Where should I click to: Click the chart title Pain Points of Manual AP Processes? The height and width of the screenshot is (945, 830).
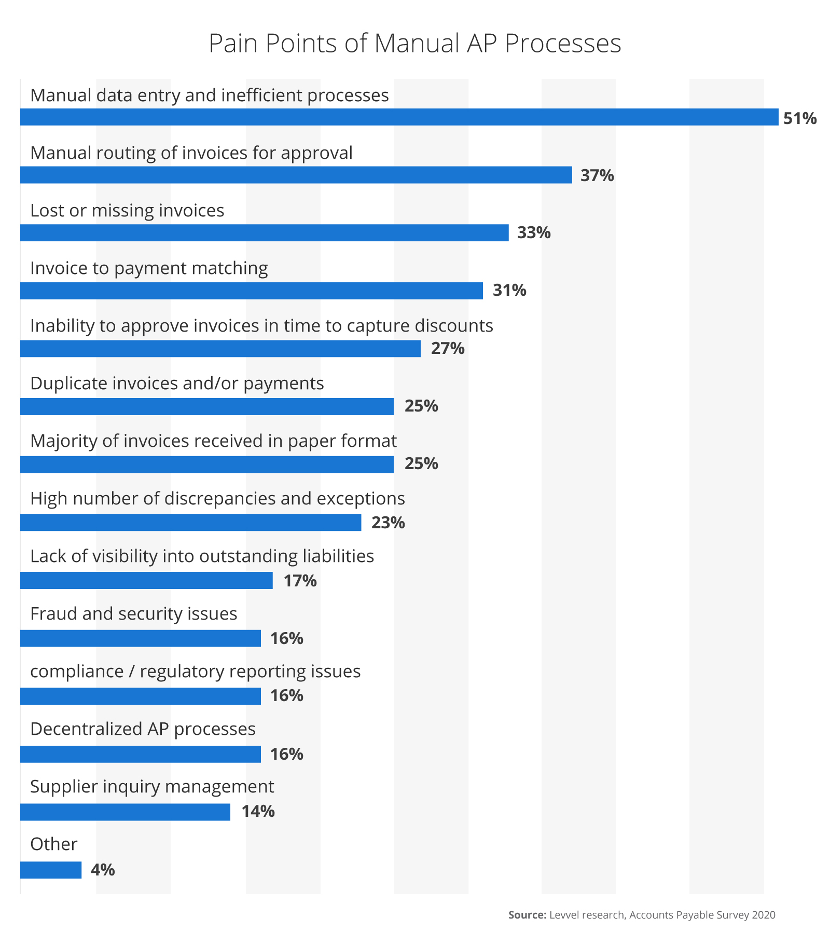click(x=414, y=43)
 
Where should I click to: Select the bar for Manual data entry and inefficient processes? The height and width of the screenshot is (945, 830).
click(x=399, y=117)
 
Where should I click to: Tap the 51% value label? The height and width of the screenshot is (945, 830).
click(x=799, y=119)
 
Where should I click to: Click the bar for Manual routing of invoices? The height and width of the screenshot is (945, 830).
click(x=296, y=175)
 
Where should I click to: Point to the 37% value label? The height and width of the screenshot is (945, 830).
click(x=597, y=176)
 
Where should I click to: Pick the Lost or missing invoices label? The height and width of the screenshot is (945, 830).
click(x=127, y=211)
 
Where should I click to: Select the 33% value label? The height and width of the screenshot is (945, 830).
click(x=533, y=233)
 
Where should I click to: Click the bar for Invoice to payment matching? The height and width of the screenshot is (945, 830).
click(x=251, y=291)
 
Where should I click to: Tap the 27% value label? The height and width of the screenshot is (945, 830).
click(x=447, y=348)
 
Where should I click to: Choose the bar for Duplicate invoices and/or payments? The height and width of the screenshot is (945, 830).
click(x=206, y=406)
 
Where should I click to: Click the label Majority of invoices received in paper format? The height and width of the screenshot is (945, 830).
click(x=213, y=441)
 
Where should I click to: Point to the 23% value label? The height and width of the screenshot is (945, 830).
click(x=388, y=523)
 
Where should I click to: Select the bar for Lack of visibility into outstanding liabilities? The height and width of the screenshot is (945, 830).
click(x=146, y=580)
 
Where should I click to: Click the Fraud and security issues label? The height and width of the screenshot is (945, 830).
click(x=133, y=614)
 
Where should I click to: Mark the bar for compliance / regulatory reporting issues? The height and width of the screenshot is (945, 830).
click(x=140, y=696)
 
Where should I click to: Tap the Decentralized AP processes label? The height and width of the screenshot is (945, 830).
click(x=143, y=729)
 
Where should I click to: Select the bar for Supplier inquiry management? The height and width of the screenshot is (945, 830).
click(x=125, y=812)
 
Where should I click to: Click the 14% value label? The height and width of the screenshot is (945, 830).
click(x=257, y=811)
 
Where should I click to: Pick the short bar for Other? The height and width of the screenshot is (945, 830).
click(x=51, y=870)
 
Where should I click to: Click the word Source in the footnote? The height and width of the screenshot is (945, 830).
click(x=527, y=915)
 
